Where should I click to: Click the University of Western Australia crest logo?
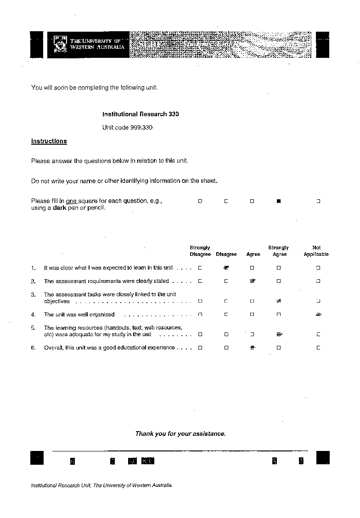pyautogui.click(x=60, y=44)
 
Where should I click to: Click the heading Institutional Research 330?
pyautogui.click(x=141, y=114)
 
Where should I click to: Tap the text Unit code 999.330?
pyautogui.click(x=127, y=127)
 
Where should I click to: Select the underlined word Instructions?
pyautogui.click(x=49, y=141)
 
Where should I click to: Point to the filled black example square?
pyautogui.click(x=278, y=201)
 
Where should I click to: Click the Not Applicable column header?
pyautogui.click(x=316, y=251)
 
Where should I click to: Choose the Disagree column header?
pyautogui.click(x=226, y=254)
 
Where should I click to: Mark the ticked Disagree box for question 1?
pyautogui.click(x=226, y=267)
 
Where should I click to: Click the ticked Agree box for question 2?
pyautogui.click(x=253, y=281)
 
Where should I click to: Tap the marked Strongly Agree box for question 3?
pyautogui.click(x=279, y=301)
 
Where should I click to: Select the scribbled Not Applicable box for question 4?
pyautogui.click(x=318, y=315)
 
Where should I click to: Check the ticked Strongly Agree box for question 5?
pyautogui.click(x=279, y=334)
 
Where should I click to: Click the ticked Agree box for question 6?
pyautogui.click(x=253, y=348)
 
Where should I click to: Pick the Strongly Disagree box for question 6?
pyautogui.click(x=200, y=348)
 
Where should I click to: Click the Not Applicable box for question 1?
pyautogui.click(x=318, y=267)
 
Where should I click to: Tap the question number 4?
pyautogui.click(x=33, y=315)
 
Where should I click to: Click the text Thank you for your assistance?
pyautogui.click(x=180, y=434)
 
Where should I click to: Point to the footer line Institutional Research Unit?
pyautogui.click(x=101, y=485)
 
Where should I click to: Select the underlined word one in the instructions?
pyautogui.click(x=71, y=201)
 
